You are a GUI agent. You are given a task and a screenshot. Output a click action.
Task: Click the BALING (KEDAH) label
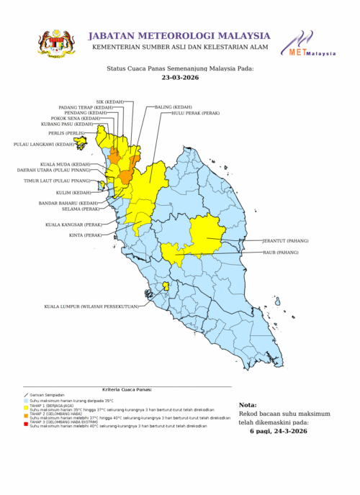tap(174, 106)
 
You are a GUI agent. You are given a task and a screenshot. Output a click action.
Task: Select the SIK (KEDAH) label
tap(110, 101)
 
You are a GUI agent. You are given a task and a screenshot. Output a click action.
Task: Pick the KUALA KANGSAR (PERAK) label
tap(73, 224)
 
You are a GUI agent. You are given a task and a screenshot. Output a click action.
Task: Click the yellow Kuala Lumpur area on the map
tap(166, 286)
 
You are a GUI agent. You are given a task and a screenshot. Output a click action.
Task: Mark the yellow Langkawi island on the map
tap(80, 142)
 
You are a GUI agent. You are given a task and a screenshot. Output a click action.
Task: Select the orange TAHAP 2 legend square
tap(25, 415)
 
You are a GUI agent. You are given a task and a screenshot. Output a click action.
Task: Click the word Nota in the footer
tap(247, 405)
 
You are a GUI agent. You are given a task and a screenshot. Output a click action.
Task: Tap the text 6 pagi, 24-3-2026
tap(278, 431)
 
